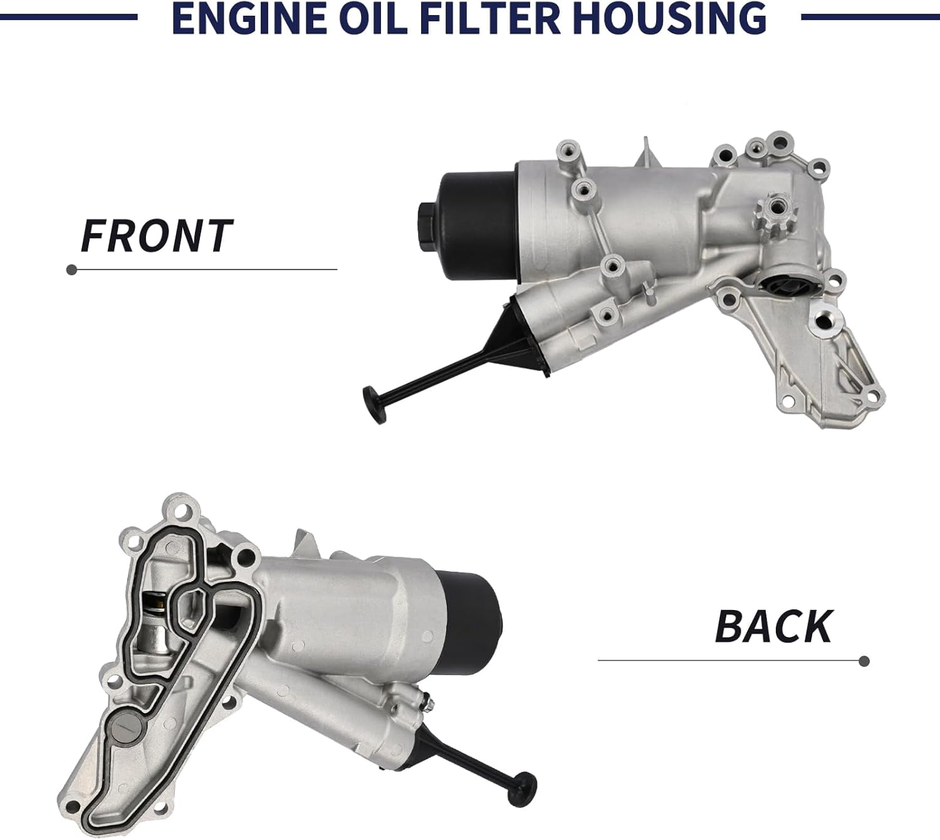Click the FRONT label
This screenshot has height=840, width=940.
pos(157,236)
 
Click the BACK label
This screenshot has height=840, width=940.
pos(773,626)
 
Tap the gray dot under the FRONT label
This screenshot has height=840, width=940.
pos(71,270)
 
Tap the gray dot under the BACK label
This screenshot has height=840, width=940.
pos(864,661)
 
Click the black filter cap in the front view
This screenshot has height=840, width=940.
pos(478,226)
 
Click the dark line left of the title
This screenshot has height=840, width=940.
pos(69,17)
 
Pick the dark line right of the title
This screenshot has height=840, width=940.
pos(870,17)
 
